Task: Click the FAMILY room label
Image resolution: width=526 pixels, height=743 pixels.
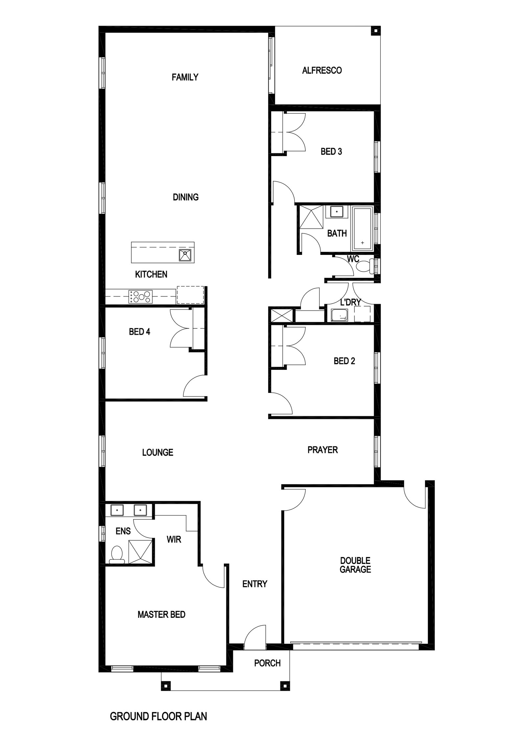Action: pos(185,77)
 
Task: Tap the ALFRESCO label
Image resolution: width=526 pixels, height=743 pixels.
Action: pos(322,70)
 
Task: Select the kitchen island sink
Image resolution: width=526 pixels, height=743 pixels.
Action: pos(185,255)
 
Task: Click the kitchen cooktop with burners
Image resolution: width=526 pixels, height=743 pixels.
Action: pos(140,297)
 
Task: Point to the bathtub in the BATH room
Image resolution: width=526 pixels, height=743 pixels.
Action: pos(362,227)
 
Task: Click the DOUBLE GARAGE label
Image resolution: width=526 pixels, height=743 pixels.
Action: pos(355,565)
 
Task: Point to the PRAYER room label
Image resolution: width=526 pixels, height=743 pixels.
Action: pos(323,450)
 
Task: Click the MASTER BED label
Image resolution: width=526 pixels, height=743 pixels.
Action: pos(161,615)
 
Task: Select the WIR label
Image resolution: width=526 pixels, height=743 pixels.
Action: pos(174,539)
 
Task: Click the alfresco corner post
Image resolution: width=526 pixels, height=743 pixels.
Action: pos(375,31)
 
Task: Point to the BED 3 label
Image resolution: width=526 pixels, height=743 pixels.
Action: pos(331,151)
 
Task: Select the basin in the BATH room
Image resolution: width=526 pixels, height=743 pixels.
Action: pos(337,212)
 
